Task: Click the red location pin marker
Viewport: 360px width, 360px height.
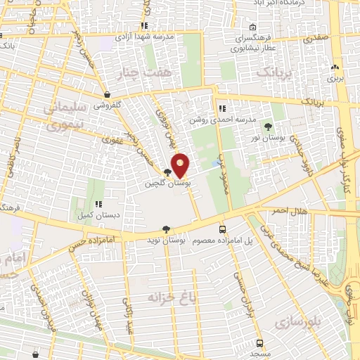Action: (181, 166)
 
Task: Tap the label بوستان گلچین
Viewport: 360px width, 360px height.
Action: (167, 183)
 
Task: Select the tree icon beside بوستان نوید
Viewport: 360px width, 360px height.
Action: (166, 229)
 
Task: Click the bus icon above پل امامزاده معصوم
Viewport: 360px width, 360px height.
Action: (223, 229)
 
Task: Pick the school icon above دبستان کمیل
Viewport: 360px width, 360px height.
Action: (98, 205)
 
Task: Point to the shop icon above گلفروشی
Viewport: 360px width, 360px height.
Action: (106, 94)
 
